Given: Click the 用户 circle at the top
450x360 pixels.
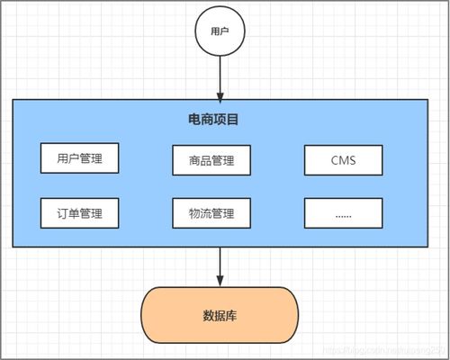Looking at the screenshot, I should point(220,31).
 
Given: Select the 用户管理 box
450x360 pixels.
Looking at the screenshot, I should point(79,159).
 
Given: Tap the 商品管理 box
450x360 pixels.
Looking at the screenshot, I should point(211,160).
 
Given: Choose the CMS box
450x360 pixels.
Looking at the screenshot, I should point(343,160).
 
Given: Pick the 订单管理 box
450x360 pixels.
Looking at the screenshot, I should point(79,213).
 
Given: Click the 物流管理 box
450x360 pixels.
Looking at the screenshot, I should point(211,213).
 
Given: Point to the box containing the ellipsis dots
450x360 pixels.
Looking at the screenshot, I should point(343,213).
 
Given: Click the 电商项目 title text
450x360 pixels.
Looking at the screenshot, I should point(220,119).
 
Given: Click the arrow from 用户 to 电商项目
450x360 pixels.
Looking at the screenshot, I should point(220,76).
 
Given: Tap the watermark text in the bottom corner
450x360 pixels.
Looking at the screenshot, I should point(387,348).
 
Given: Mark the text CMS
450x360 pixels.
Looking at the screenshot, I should point(343,160).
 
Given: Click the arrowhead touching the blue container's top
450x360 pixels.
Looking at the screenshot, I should point(220,95).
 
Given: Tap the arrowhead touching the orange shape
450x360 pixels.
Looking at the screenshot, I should point(220,280).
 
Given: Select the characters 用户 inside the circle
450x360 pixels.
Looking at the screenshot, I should point(220,31).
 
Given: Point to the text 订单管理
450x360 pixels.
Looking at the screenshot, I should point(79,213).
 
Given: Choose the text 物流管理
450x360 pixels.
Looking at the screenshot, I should point(211,213).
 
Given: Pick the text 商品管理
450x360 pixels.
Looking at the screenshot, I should point(211,160).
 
